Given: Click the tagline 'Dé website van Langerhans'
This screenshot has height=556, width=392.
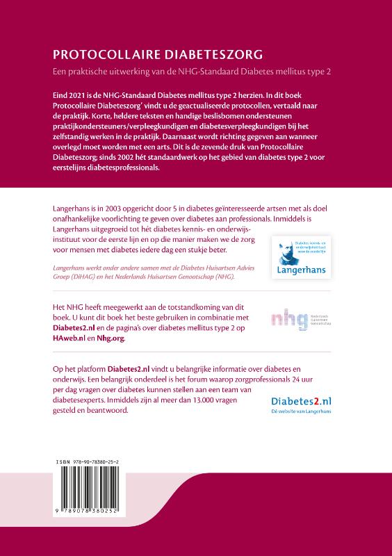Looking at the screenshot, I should (300, 412).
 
